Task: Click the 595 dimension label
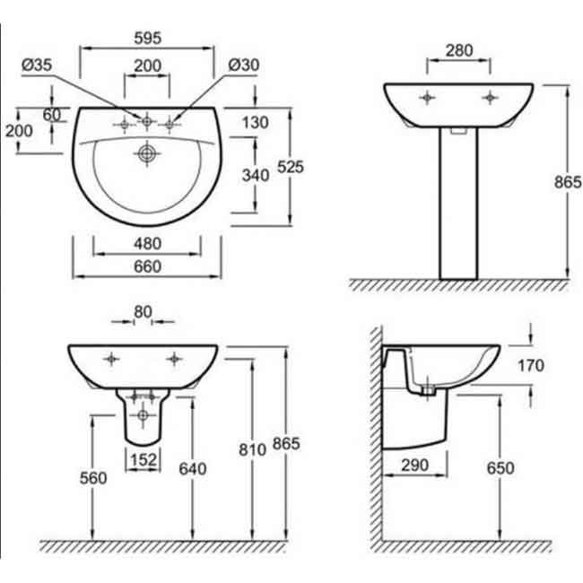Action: click(x=148, y=39)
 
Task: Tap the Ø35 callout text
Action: click(x=37, y=65)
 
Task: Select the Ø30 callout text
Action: click(x=244, y=65)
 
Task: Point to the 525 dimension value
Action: click(x=291, y=168)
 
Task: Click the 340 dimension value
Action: click(x=256, y=175)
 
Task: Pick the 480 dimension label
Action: click(x=148, y=244)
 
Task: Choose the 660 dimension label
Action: click(x=148, y=266)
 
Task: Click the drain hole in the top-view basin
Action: click(x=147, y=153)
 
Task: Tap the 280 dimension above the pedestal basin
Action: click(x=459, y=51)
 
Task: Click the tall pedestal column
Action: click(x=458, y=204)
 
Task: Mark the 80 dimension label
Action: click(x=144, y=312)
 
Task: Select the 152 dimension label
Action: click(x=144, y=460)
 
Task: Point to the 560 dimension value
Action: click(x=93, y=478)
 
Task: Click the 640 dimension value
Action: click(x=193, y=469)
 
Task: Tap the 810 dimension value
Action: click(x=252, y=450)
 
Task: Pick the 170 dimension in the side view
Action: click(x=531, y=366)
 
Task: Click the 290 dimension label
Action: click(x=415, y=466)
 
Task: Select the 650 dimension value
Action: click(x=500, y=468)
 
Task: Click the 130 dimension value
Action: click(x=255, y=123)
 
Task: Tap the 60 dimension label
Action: click(x=52, y=115)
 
